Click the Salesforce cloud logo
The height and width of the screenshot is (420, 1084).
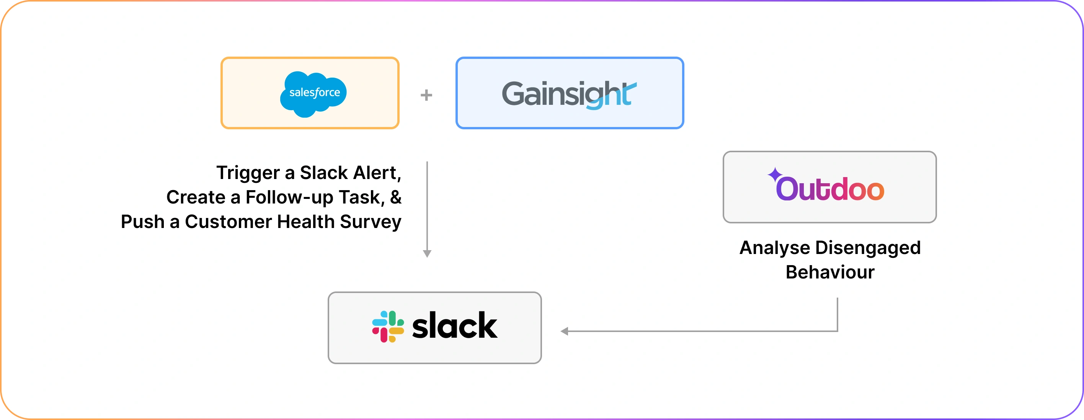[313, 93]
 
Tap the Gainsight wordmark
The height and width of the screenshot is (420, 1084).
[569, 94]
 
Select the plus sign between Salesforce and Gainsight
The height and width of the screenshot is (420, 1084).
[426, 95]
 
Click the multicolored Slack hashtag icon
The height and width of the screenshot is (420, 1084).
[388, 327]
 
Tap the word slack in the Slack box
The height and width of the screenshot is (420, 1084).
[454, 326]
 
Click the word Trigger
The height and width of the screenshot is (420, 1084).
[248, 173]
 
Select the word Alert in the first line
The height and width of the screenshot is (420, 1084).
[377, 173]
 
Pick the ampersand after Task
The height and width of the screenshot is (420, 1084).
[395, 197]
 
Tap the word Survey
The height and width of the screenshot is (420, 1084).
[370, 222]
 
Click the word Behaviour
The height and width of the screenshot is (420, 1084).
[830, 272]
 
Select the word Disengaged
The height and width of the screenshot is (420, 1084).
[868, 248]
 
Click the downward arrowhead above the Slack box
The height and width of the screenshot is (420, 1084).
[427, 254]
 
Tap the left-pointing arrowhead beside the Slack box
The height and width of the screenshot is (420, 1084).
[565, 331]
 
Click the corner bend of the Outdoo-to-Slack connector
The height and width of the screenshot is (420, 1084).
[837, 331]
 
